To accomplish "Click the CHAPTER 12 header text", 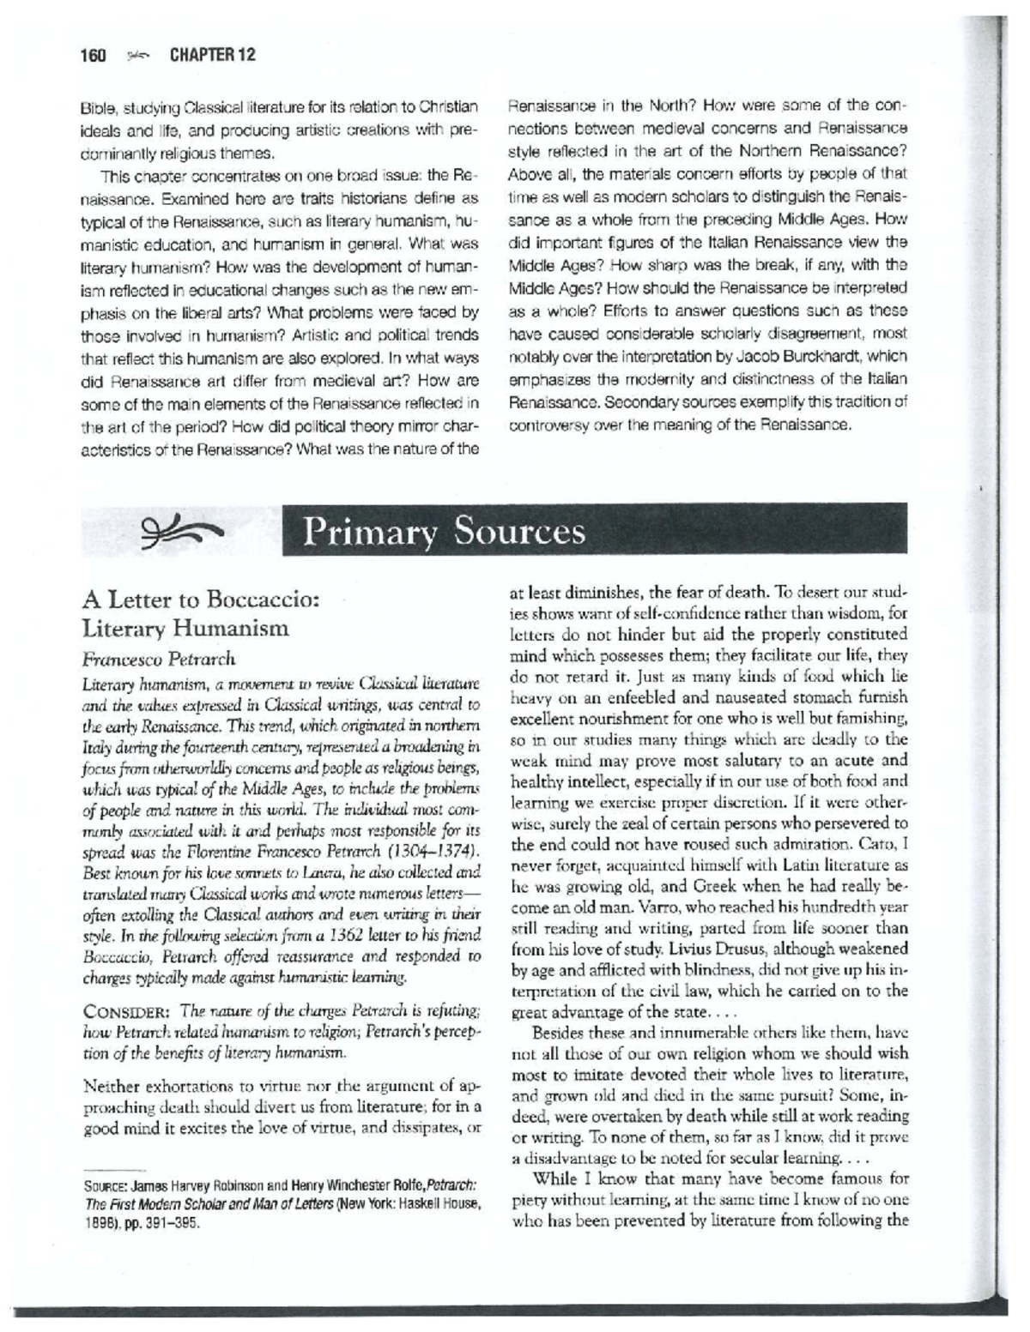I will [212, 56].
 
